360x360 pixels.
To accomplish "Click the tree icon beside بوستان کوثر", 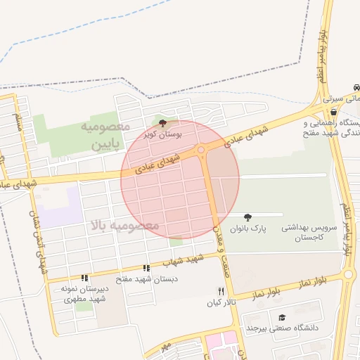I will pyautogui.click(x=164, y=123).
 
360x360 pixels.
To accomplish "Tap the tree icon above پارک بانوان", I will pyautogui.click(x=247, y=218).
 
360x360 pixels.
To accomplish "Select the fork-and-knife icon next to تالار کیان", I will pyautogui.click(x=221, y=291).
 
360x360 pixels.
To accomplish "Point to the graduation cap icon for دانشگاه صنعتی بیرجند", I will pyautogui.click(x=282, y=318).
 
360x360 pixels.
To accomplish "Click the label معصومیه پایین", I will pyautogui.click(x=106, y=136).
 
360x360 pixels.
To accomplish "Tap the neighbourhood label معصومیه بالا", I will pyautogui.click(x=125, y=225).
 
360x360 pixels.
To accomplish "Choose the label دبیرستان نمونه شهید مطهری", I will pyautogui.click(x=84, y=294).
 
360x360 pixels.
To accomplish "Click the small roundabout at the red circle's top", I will pyautogui.click(x=202, y=149).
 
